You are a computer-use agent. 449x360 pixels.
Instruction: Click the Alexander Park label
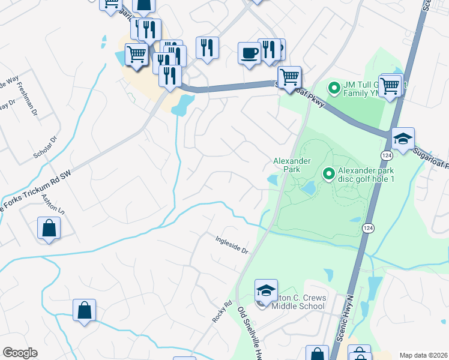point(292,165)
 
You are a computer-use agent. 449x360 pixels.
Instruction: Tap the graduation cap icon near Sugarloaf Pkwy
point(403,139)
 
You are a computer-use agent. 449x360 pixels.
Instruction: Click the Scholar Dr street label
point(44,148)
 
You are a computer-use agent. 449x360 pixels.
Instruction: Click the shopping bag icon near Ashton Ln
point(49,229)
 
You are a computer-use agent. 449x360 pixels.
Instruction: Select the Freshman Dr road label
point(26,100)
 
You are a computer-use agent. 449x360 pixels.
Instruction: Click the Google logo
point(20,353)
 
